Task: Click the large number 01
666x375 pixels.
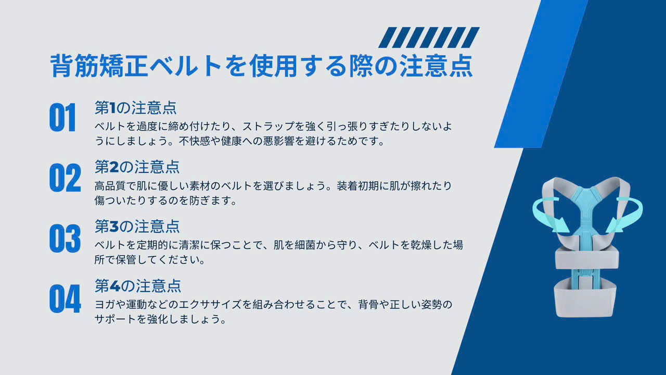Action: tap(62, 118)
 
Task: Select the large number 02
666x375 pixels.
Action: tap(65, 178)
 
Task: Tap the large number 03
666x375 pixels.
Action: tap(65, 239)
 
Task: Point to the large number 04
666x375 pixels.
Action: tap(65, 298)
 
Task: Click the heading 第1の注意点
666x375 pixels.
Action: tap(136, 108)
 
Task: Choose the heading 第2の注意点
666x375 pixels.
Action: tap(137, 167)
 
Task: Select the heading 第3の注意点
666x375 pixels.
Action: tap(137, 227)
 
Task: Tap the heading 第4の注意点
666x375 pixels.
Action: tap(138, 286)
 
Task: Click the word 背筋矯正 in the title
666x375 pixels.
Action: tap(99, 66)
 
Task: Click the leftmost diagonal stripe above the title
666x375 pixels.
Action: tap(388, 37)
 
